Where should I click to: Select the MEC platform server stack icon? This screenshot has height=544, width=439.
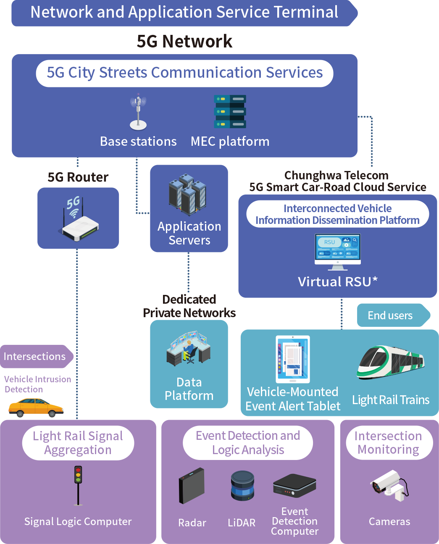pos(230,112)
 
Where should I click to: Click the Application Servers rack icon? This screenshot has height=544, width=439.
pos(188,194)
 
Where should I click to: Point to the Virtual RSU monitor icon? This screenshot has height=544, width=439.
pos(338,251)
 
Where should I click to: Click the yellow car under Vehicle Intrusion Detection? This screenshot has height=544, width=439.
pos(36,408)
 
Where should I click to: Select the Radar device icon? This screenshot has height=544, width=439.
pos(192,486)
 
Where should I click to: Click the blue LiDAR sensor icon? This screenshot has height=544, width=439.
pos(242,486)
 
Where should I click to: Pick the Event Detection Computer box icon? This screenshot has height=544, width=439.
pos(294,486)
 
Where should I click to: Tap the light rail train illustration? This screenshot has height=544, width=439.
pos(391,362)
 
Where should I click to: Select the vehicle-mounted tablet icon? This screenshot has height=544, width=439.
pos(293,359)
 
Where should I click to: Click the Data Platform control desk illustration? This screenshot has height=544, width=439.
pos(188,349)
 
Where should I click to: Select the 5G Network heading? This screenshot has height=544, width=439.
pos(184,41)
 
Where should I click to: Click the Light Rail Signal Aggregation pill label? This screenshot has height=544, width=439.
pos(78,443)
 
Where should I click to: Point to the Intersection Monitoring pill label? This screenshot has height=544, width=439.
pos(389,443)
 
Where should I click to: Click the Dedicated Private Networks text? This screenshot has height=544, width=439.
pos(189,306)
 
